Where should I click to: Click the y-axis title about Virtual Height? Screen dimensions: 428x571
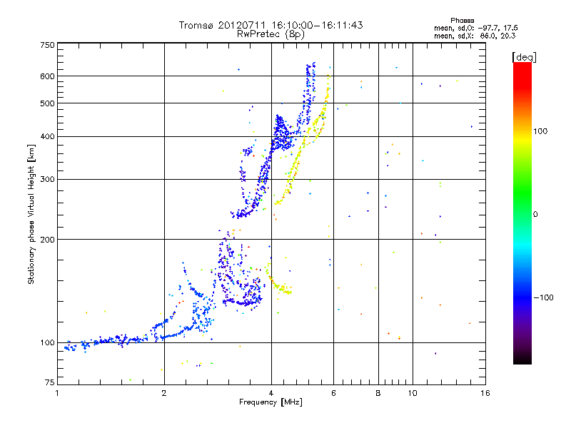click(x=31, y=214)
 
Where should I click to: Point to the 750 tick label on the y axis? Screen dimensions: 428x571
click(x=47, y=45)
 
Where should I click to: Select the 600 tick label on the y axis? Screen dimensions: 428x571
click(x=47, y=76)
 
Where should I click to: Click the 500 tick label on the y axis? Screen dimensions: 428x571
click(x=47, y=103)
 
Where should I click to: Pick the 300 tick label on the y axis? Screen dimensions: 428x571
click(x=47, y=179)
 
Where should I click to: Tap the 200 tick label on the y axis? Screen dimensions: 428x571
click(x=47, y=240)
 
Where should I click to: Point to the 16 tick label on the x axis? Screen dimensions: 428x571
click(x=485, y=393)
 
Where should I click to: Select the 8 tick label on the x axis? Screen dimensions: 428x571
click(x=378, y=393)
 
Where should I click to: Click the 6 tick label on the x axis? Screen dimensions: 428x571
click(x=333, y=393)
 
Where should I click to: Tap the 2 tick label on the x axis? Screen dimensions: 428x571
click(x=164, y=393)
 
